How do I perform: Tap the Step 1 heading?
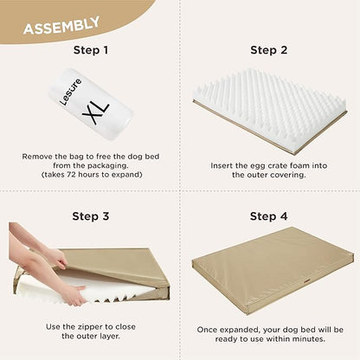pyautogui.click(x=90, y=50)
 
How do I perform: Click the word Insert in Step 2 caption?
pyautogui.click(x=224, y=164)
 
